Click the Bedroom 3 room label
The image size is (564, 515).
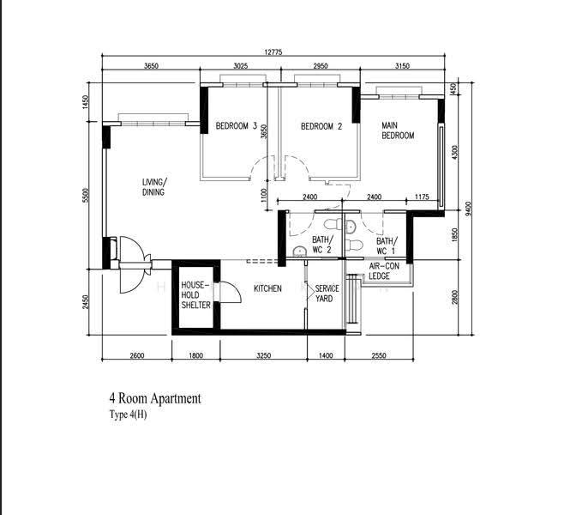pyautogui.click(x=237, y=126)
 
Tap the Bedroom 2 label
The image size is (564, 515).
pyautogui.click(x=321, y=126)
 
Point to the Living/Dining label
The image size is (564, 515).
pyautogui.click(x=154, y=187)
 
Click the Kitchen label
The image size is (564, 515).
pyautogui.click(x=267, y=288)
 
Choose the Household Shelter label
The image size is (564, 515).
pyautogui.click(x=195, y=295)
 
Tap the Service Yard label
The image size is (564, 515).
pyautogui.click(x=327, y=294)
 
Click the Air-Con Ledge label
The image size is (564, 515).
pyautogui.click(x=384, y=271)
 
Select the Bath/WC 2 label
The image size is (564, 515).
pyautogui.click(x=322, y=245)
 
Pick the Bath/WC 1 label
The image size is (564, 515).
pyautogui.click(x=387, y=246)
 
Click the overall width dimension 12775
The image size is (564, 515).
pyautogui.click(x=273, y=51)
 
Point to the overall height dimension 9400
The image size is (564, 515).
pyautogui.click(x=468, y=209)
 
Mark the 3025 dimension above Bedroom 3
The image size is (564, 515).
pyautogui.click(x=241, y=65)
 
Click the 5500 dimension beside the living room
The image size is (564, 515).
pyautogui.click(x=85, y=196)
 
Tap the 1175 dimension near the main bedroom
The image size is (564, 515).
pyautogui.click(x=422, y=197)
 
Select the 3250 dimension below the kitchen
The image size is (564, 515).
pyautogui.click(x=263, y=355)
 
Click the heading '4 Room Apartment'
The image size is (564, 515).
pyautogui.click(x=155, y=398)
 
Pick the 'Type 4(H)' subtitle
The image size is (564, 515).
pyautogui.click(x=128, y=415)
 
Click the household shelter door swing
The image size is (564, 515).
pyautogui.click(x=231, y=292)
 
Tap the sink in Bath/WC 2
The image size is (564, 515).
pyautogui.click(x=299, y=251)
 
